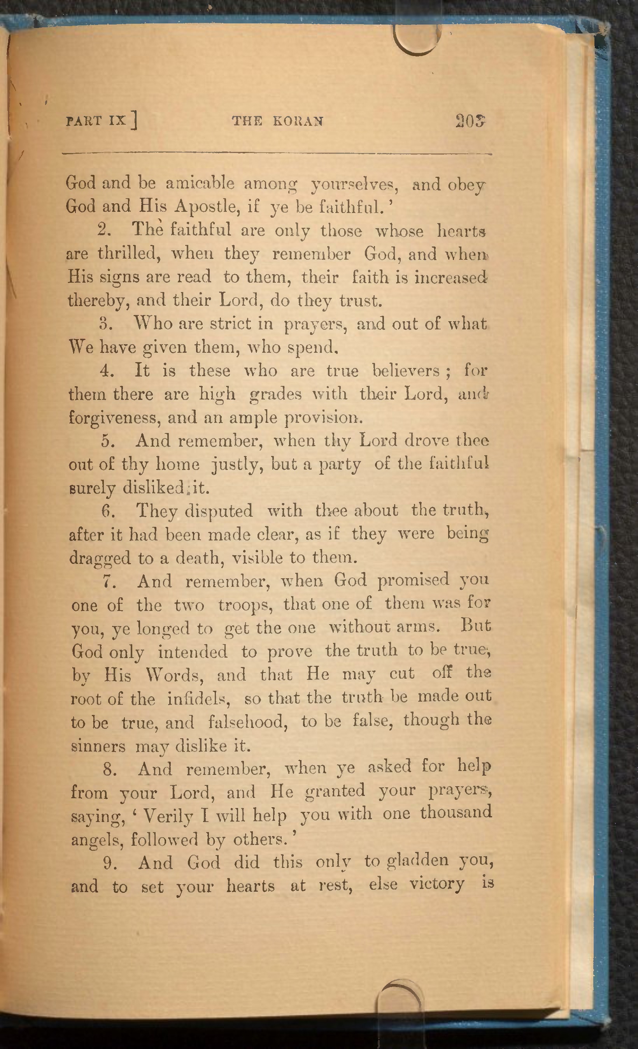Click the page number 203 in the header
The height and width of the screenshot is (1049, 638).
click(x=470, y=121)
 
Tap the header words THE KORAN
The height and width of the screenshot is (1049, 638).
click(x=278, y=121)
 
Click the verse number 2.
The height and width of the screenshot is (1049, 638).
click(x=104, y=230)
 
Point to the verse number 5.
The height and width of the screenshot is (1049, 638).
click(x=109, y=441)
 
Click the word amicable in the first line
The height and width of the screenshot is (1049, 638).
click(x=200, y=183)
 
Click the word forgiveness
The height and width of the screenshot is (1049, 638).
click(x=114, y=418)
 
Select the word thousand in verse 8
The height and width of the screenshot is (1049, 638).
click(x=456, y=812)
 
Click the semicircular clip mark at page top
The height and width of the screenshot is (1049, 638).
click(x=415, y=40)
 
